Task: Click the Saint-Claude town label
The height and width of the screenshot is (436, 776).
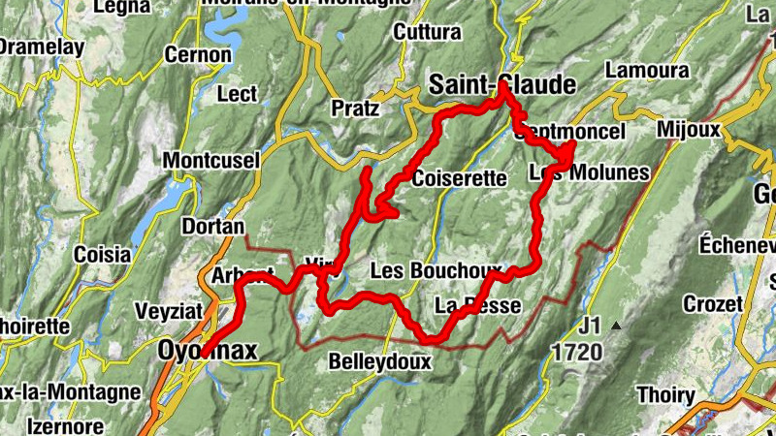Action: (502, 85)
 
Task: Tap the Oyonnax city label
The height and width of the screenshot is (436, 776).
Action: (209, 351)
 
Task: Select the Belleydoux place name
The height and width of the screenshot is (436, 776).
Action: (379, 361)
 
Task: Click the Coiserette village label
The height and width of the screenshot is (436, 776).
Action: (460, 178)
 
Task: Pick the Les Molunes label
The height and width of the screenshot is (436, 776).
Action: (590, 173)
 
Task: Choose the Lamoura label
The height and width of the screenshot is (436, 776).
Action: (646, 71)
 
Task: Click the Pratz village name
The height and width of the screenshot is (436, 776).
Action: (354, 108)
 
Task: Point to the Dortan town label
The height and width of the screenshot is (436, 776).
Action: (212, 227)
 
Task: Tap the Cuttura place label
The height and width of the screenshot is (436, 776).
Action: (427, 33)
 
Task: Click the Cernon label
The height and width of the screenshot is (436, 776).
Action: (198, 55)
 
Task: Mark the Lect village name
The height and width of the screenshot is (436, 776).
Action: (237, 95)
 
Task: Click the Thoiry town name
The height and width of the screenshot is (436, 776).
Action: (665, 395)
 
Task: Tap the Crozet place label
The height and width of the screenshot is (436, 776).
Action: (712, 304)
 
